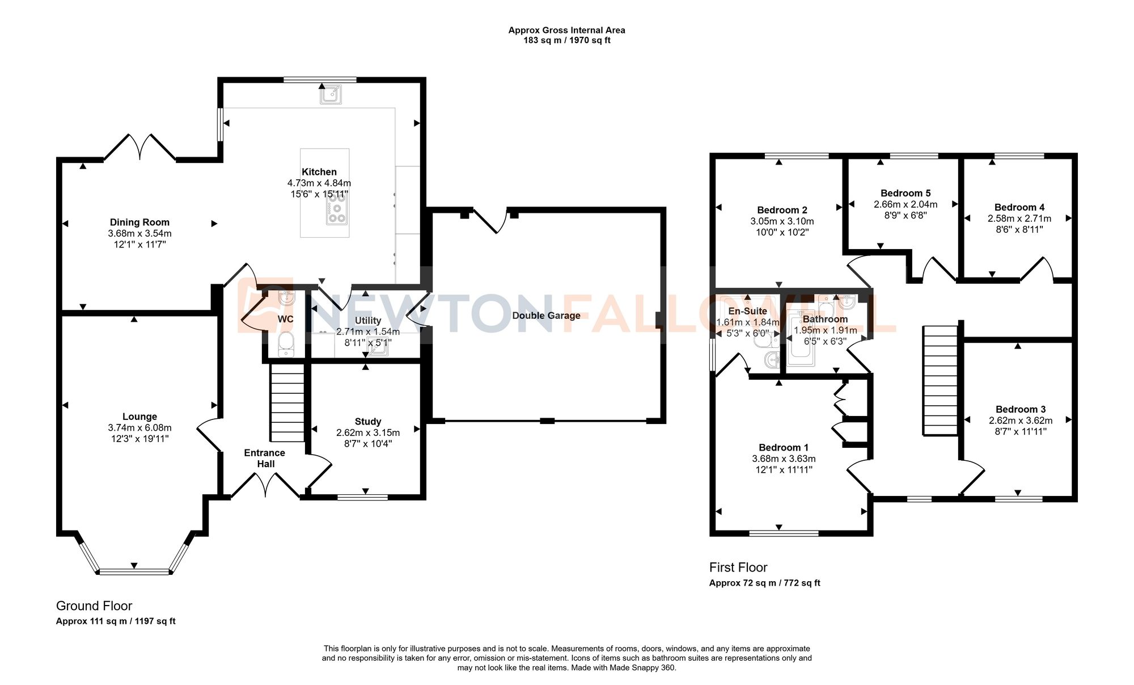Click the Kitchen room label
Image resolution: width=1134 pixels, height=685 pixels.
coord(319,172)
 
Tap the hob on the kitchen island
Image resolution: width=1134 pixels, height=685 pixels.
coord(337,208)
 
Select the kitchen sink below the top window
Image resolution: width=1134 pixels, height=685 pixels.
coord(331,94)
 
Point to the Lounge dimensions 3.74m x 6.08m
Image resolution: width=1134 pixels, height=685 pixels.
coord(139,428)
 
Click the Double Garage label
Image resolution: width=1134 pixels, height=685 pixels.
coord(546,316)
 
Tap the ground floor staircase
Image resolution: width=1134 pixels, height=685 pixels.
coord(287,403)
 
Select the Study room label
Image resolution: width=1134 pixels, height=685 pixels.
coord(367,422)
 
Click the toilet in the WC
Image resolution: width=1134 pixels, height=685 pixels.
coord(286,343)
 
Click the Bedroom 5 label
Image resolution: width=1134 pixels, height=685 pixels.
coord(905,193)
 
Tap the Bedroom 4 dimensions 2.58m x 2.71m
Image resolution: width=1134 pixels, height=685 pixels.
coord(1019,218)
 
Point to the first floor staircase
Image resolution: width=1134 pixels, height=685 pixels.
coord(941,380)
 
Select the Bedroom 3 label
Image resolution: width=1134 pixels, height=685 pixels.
coord(1021,409)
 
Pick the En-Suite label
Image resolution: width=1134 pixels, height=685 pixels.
coord(747,311)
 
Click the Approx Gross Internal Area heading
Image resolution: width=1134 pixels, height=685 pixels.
coord(566,31)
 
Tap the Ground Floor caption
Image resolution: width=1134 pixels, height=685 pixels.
coord(94,606)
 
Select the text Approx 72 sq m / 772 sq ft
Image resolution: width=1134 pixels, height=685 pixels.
coord(764,583)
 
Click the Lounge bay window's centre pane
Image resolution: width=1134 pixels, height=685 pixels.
coord(134,571)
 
